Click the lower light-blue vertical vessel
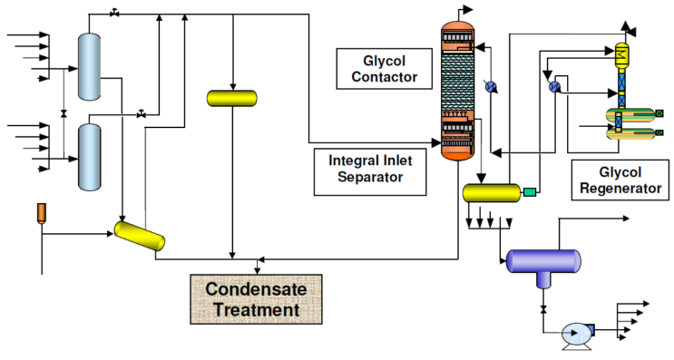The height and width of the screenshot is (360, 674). tap(88, 157)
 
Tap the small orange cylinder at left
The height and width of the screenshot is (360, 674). tap(41, 213)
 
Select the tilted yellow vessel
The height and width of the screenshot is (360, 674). tap(140, 235)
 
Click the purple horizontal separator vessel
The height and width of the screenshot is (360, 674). tap(542, 261)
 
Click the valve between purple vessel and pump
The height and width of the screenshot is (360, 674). tap(542, 311)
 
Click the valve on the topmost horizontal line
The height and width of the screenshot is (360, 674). tap(115, 14)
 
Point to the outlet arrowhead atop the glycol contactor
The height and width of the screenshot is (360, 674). tap(470, 8)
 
